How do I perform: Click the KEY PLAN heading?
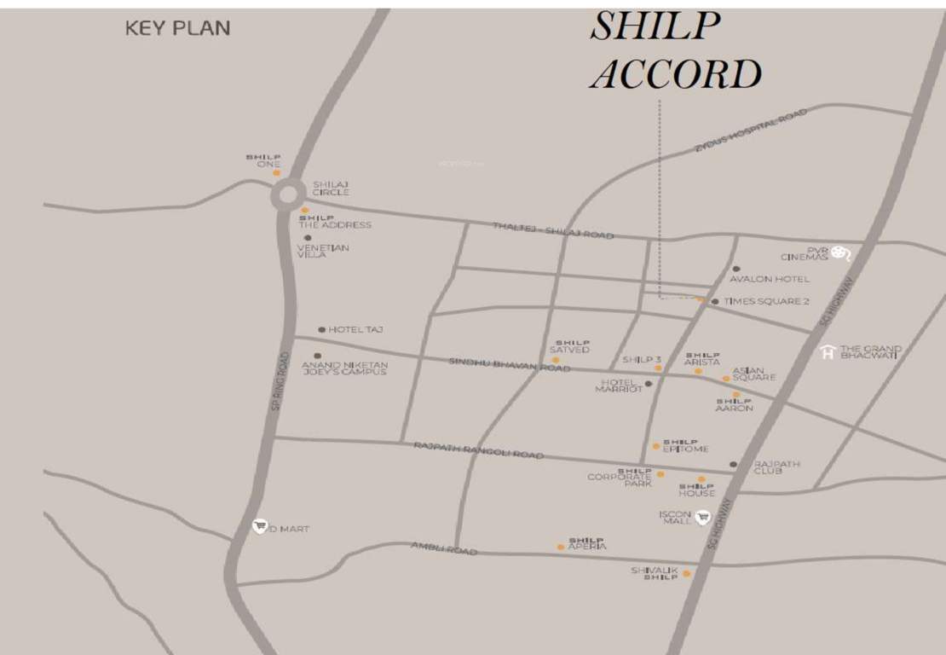177,28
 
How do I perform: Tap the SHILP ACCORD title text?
674,51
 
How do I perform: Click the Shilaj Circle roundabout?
286,195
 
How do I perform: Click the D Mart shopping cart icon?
260,527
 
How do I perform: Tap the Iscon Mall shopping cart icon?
702,517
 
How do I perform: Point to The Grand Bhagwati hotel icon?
827,352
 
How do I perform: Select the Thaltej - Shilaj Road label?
553,230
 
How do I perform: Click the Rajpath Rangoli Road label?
478,450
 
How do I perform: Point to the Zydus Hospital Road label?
749,131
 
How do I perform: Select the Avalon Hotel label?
770,279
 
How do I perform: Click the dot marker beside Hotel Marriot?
649,384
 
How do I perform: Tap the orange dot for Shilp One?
276,172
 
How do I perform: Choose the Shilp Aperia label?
587,543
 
